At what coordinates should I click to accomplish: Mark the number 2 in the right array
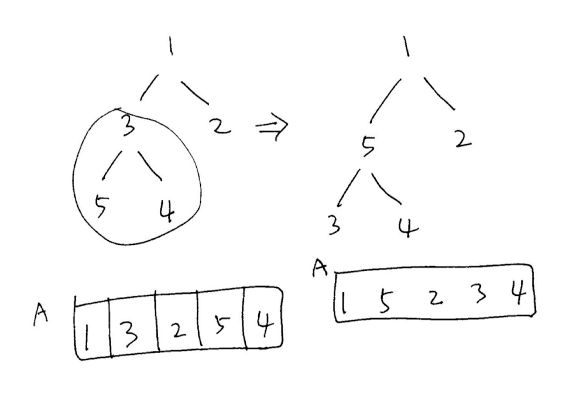[433, 299]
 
